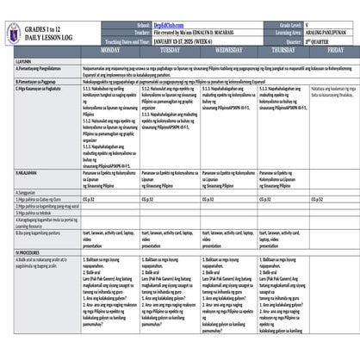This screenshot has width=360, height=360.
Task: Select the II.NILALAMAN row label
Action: (x=26, y=175)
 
